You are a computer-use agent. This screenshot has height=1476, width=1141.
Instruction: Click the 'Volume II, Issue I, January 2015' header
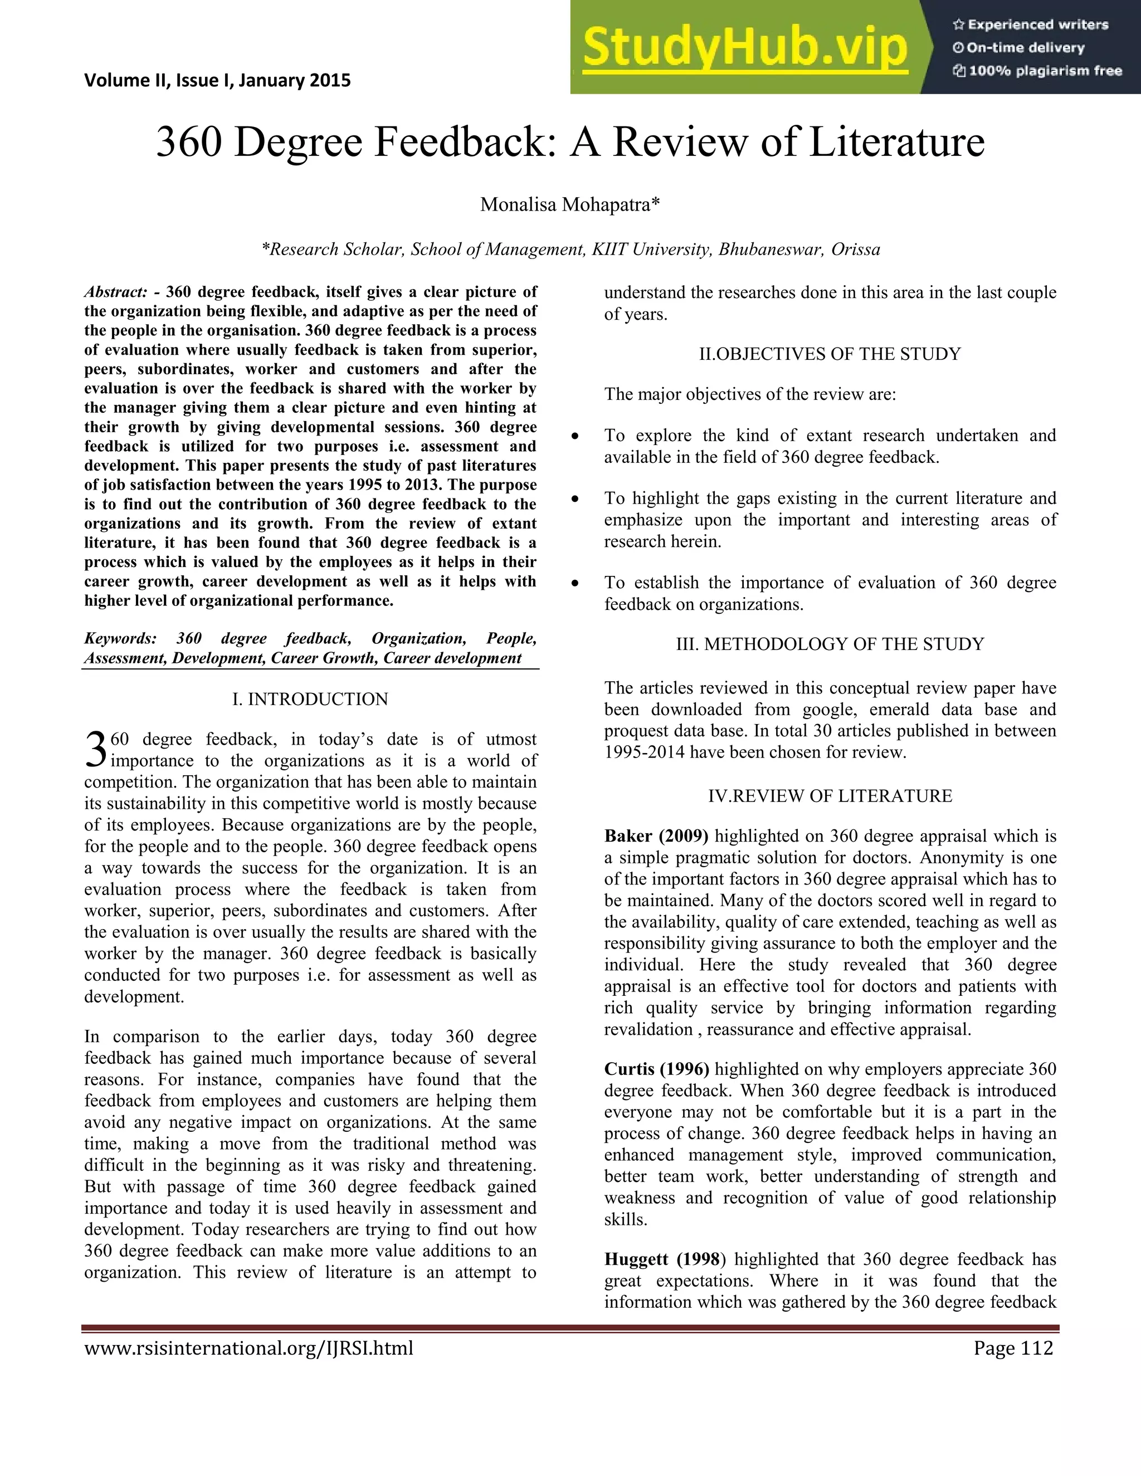click(218, 80)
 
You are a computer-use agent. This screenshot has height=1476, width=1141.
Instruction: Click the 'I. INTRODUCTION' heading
click(310, 699)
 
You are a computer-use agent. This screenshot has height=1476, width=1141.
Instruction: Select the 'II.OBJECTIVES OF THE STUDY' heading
click(830, 354)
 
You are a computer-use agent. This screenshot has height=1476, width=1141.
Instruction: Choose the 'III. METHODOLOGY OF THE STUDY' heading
click(830, 644)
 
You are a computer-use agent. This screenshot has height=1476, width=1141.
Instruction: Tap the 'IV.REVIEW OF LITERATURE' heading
click(830, 796)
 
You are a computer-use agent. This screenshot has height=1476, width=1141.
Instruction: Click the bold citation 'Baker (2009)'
click(656, 836)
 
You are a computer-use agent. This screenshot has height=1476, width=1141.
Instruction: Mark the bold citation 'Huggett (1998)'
click(665, 1259)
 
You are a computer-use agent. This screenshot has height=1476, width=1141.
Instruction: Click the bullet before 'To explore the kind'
click(575, 437)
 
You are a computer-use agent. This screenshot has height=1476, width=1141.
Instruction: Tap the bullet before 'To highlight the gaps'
click(575, 500)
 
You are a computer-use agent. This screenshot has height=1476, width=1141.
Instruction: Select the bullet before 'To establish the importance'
click(575, 584)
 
